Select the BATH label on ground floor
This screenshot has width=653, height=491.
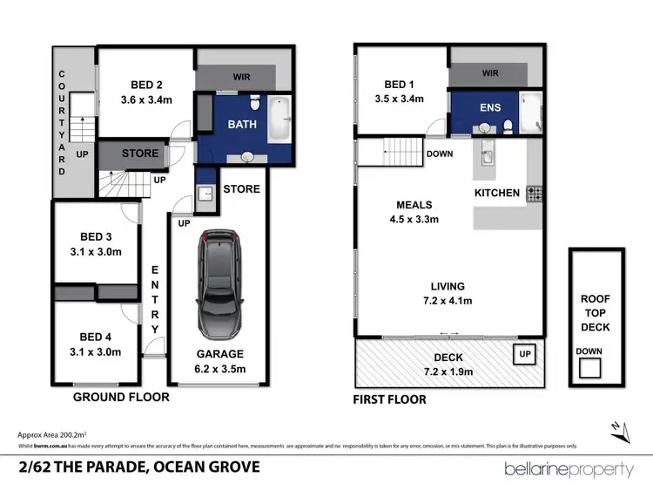(242, 125)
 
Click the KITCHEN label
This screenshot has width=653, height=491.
(496, 192)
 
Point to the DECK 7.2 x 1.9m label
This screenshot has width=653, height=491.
(451, 365)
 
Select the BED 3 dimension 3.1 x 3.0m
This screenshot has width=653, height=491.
(96, 252)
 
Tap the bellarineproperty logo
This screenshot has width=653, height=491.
(569, 469)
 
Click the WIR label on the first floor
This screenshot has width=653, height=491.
(490, 74)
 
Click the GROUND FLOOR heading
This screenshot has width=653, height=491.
(120, 397)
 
